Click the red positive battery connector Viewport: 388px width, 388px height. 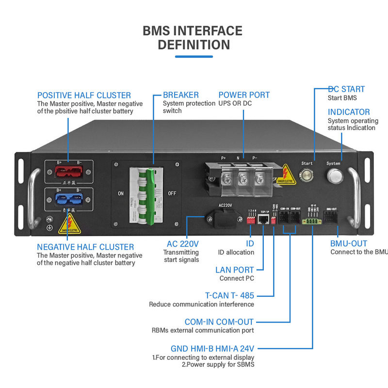click(x=68, y=171)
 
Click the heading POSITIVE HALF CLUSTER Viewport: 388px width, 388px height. click(x=84, y=95)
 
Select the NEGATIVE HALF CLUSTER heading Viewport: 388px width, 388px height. click(x=85, y=247)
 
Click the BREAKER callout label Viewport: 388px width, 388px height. click(x=180, y=95)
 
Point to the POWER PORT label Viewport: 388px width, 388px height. click(x=244, y=95)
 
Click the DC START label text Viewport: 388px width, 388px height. click(x=346, y=89)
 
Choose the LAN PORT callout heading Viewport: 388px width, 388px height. click(x=234, y=270)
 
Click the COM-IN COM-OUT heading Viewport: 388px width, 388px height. click(x=219, y=322)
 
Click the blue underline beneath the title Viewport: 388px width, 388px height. click(x=194, y=57)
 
